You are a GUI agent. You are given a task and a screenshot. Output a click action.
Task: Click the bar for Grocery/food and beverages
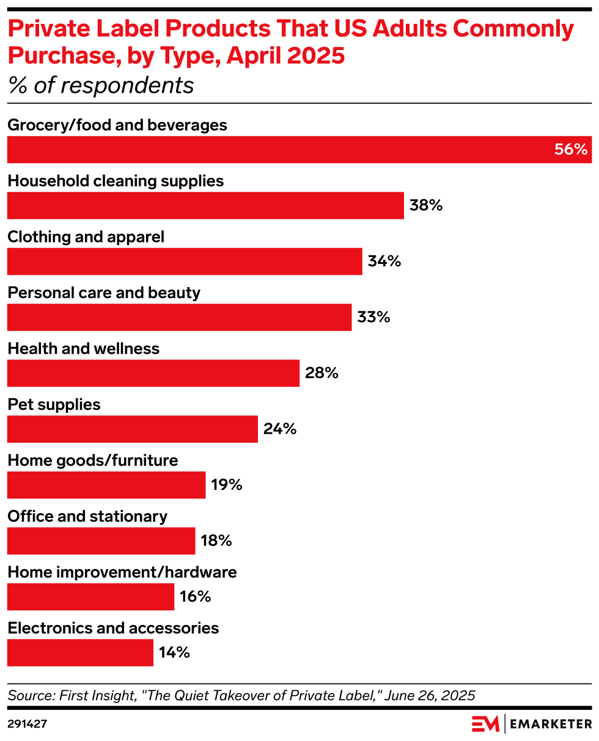point(299,150)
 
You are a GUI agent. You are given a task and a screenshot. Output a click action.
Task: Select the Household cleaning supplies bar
point(205,205)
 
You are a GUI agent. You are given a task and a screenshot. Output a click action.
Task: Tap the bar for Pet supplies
point(132,429)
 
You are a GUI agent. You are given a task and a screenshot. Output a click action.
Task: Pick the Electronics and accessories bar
point(80,652)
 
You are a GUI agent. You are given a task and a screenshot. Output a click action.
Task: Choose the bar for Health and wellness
point(153,373)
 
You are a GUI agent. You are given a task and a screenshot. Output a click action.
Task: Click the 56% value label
point(570,150)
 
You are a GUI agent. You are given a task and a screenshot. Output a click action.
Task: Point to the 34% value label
point(384,261)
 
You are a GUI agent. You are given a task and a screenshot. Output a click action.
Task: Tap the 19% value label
point(227,485)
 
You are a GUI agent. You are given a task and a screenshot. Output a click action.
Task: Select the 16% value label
point(195,597)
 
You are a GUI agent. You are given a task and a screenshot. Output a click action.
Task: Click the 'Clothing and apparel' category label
point(86,236)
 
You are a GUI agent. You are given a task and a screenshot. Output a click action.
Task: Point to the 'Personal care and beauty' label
point(104,293)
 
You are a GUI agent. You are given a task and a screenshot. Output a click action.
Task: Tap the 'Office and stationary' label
point(87,516)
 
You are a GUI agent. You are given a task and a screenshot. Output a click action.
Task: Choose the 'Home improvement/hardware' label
point(122,572)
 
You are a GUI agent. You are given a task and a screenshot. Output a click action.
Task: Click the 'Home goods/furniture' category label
point(93,460)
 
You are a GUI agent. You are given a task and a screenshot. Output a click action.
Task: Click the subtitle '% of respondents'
point(100,86)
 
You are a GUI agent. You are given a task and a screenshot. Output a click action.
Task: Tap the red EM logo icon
point(485,724)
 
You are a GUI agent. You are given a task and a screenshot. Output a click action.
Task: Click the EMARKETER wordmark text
point(551,724)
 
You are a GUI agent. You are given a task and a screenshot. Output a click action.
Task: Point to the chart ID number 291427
point(27,724)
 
